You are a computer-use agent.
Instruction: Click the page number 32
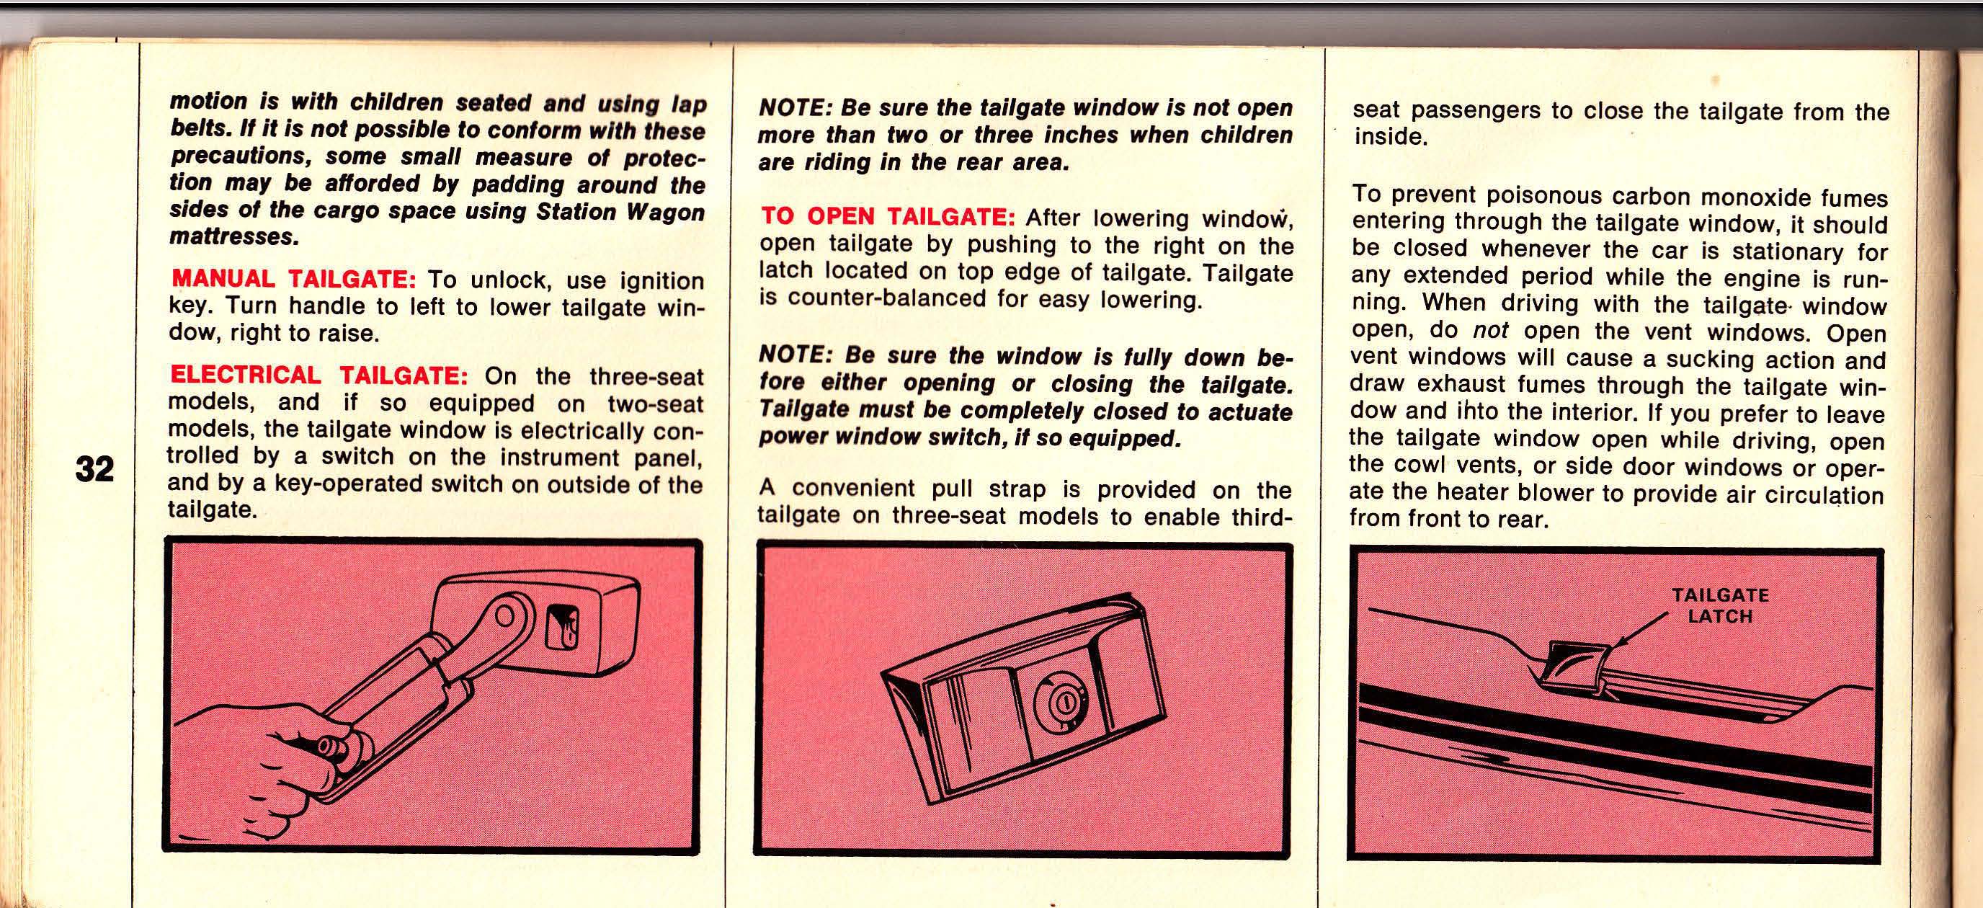pos(94,468)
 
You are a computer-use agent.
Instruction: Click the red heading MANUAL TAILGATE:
pos(293,278)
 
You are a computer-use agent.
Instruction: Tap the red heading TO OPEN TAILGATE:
pos(888,216)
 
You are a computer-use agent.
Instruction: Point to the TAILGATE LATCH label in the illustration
pos(1720,605)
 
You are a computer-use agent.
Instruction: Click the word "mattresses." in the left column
pos(234,237)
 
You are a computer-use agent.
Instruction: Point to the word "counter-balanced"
pos(872,298)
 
